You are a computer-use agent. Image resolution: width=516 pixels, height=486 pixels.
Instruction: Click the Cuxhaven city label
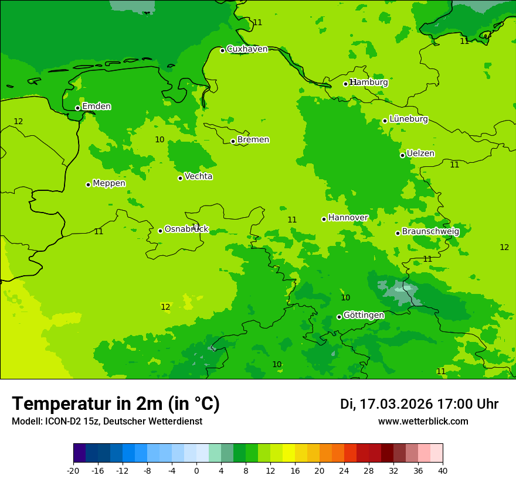pyautogui.click(x=247, y=49)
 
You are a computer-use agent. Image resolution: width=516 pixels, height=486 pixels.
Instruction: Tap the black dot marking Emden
pyautogui.click(x=77, y=108)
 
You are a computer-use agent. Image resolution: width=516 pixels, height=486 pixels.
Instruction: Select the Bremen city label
pyautogui.click(x=253, y=140)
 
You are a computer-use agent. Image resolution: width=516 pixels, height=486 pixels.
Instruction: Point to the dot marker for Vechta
pyautogui.click(x=180, y=178)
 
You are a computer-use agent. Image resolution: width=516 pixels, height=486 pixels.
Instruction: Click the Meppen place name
pyautogui.click(x=109, y=183)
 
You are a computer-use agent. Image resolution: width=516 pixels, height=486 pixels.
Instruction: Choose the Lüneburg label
pyautogui.click(x=409, y=119)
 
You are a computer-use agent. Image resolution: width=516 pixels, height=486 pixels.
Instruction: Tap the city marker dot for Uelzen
pyautogui.click(x=402, y=155)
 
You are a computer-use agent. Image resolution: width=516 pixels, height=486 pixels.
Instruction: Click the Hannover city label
pyautogui.click(x=348, y=218)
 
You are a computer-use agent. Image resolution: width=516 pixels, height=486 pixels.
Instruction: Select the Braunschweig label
pyautogui.click(x=430, y=232)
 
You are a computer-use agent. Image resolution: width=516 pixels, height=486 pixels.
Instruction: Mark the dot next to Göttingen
pyautogui.click(x=339, y=317)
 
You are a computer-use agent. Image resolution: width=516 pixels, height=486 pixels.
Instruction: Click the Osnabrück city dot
pyautogui.click(x=160, y=231)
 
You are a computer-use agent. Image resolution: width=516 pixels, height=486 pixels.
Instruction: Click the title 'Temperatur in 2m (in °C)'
pyautogui.click(x=116, y=404)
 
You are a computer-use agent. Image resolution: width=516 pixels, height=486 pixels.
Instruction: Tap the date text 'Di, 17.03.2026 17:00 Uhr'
pyautogui.click(x=419, y=405)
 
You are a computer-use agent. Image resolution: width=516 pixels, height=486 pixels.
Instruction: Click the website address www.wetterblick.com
pyautogui.click(x=423, y=422)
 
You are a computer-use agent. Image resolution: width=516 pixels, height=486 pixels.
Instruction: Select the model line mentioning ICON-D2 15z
pyautogui.click(x=107, y=422)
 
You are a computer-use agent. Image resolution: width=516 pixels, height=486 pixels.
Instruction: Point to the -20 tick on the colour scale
pyautogui.click(x=73, y=470)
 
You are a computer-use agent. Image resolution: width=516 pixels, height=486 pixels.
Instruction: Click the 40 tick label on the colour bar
pyautogui.click(x=442, y=470)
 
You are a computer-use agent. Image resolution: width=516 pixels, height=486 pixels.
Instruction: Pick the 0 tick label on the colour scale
pyautogui.click(x=196, y=470)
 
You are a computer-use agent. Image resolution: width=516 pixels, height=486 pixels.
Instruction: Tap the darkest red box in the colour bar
pyautogui.click(x=387, y=453)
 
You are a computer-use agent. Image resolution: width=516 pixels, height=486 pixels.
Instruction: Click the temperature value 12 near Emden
pyautogui.click(x=18, y=122)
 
